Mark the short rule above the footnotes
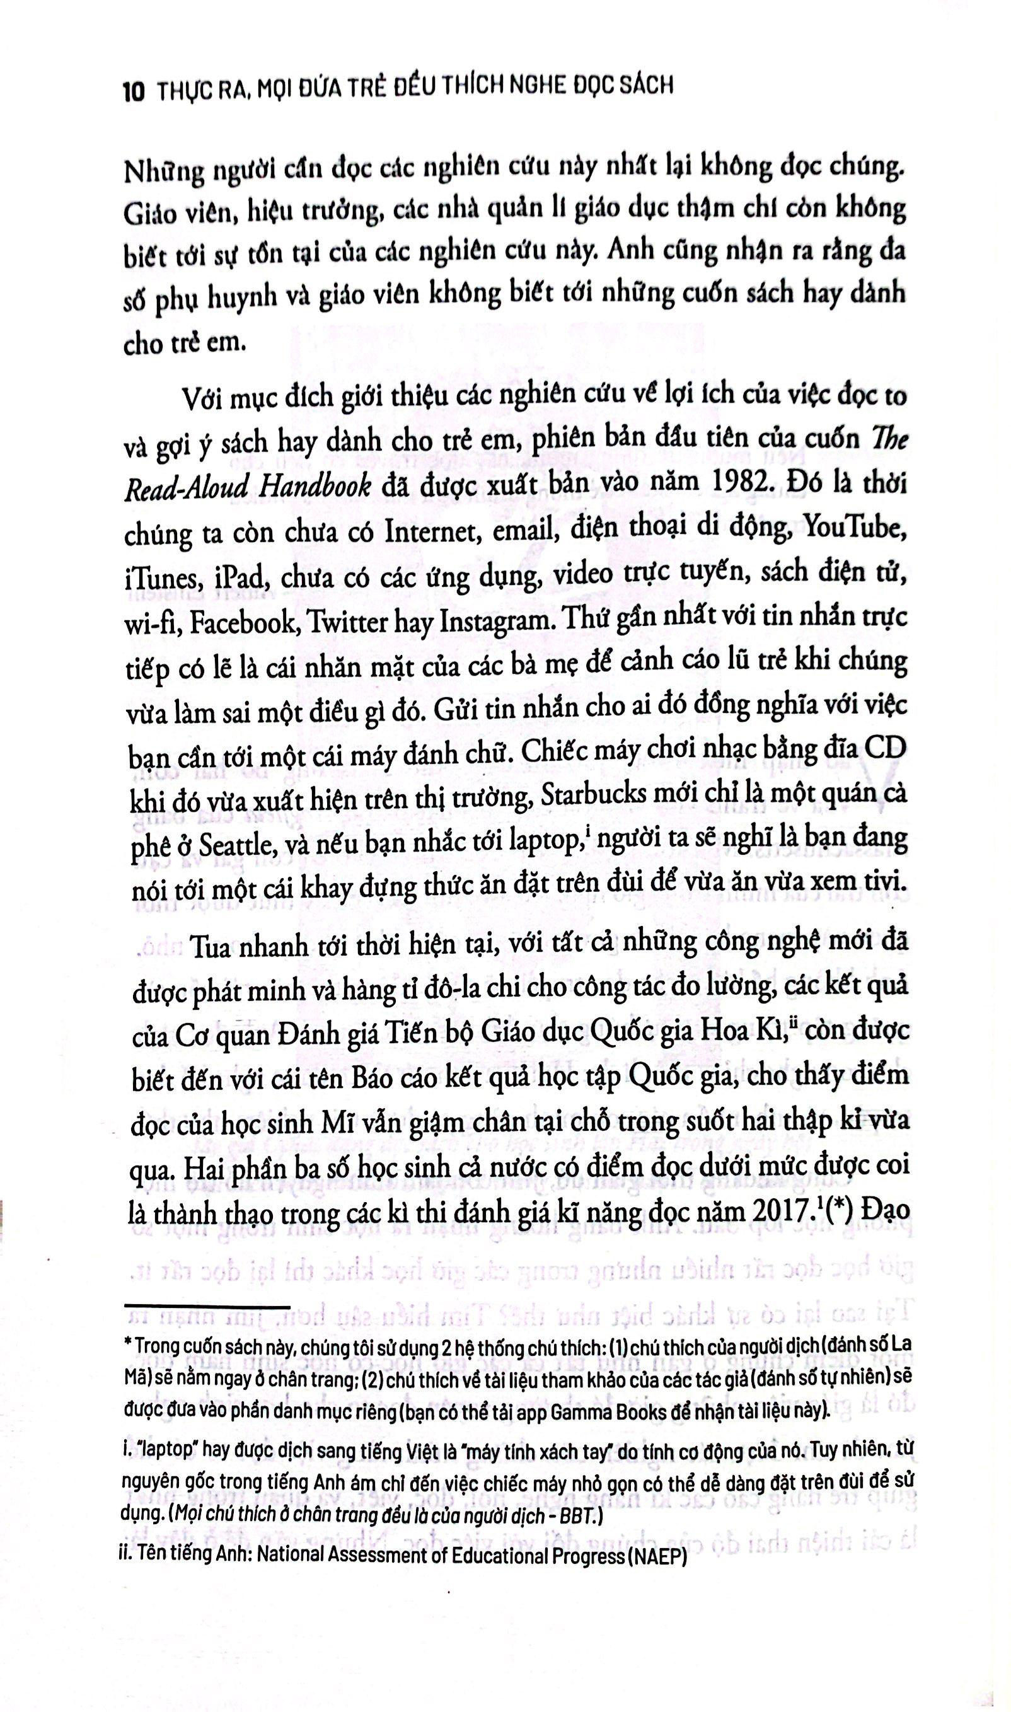tap(208, 1306)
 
